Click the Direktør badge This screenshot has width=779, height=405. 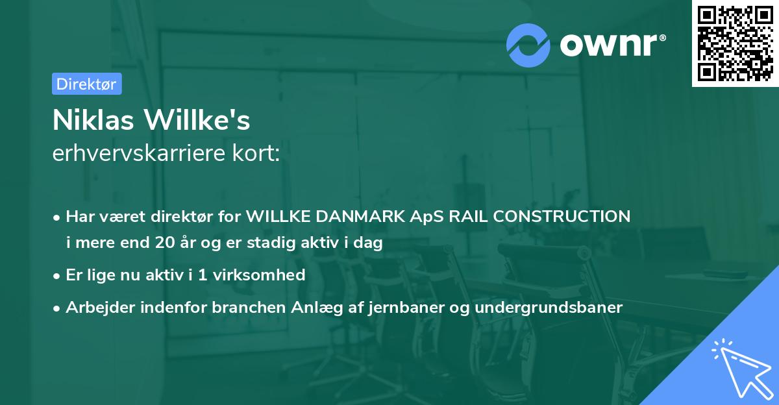[86, 84]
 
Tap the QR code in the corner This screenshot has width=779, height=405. [735, 43]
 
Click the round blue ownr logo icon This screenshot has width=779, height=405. [528, 45]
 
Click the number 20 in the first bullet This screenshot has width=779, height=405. [165, 243]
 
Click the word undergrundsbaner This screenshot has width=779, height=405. [549, 307]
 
